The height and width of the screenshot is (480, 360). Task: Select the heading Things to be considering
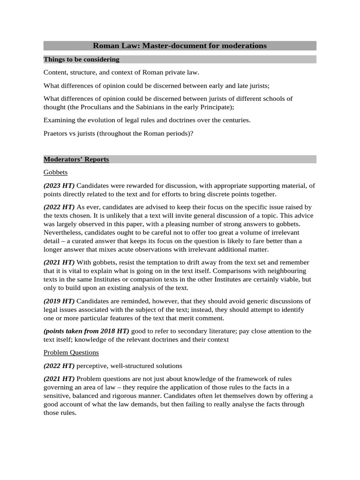click(x=81, y=60)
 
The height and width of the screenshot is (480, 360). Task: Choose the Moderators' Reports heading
click(x=76, y=159)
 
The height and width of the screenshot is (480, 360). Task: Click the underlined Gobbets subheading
click(x=55, y=172)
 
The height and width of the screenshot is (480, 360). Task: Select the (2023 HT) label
click(x=59, y=186)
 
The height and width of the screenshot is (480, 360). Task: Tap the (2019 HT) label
click(x=59, y=301)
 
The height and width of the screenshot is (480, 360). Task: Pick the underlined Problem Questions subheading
click(x=71, y=352)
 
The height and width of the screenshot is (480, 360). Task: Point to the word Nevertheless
click(x=63, y=232)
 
